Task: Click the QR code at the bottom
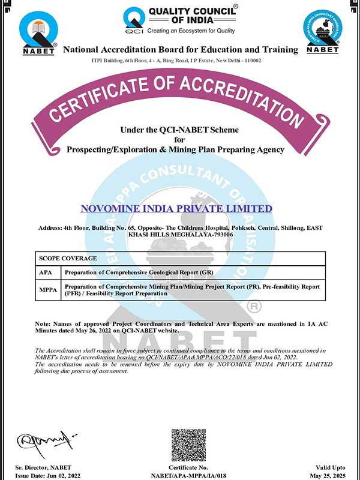(189, 445)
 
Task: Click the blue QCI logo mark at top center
(133, 20)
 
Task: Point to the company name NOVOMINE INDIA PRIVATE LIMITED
(176, 209)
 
